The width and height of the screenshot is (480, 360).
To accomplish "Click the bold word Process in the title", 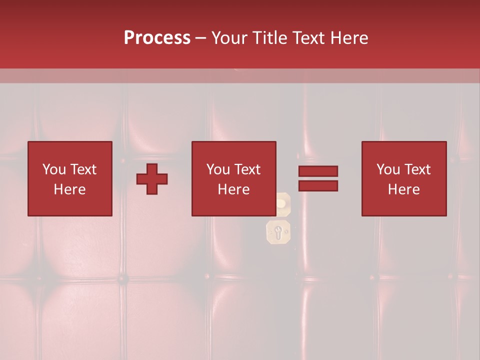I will point(157,38).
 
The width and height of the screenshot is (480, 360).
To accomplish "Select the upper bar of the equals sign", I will point(318,171).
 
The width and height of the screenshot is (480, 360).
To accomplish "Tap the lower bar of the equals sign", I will point(318,186).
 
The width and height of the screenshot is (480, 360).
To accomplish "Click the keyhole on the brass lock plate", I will point(278,231).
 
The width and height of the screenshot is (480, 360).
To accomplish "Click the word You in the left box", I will point(53,169).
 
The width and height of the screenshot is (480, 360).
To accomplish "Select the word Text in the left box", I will point(83,169).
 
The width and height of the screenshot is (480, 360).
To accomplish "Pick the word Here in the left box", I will point(69,189).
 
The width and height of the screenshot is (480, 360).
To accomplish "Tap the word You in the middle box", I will point(217,169).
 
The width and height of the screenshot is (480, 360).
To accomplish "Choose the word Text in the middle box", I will point(247,169).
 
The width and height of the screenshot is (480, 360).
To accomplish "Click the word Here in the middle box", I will point(233,189).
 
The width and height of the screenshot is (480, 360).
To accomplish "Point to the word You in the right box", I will point(387,169).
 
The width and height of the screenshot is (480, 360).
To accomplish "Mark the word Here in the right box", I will point(403,189).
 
